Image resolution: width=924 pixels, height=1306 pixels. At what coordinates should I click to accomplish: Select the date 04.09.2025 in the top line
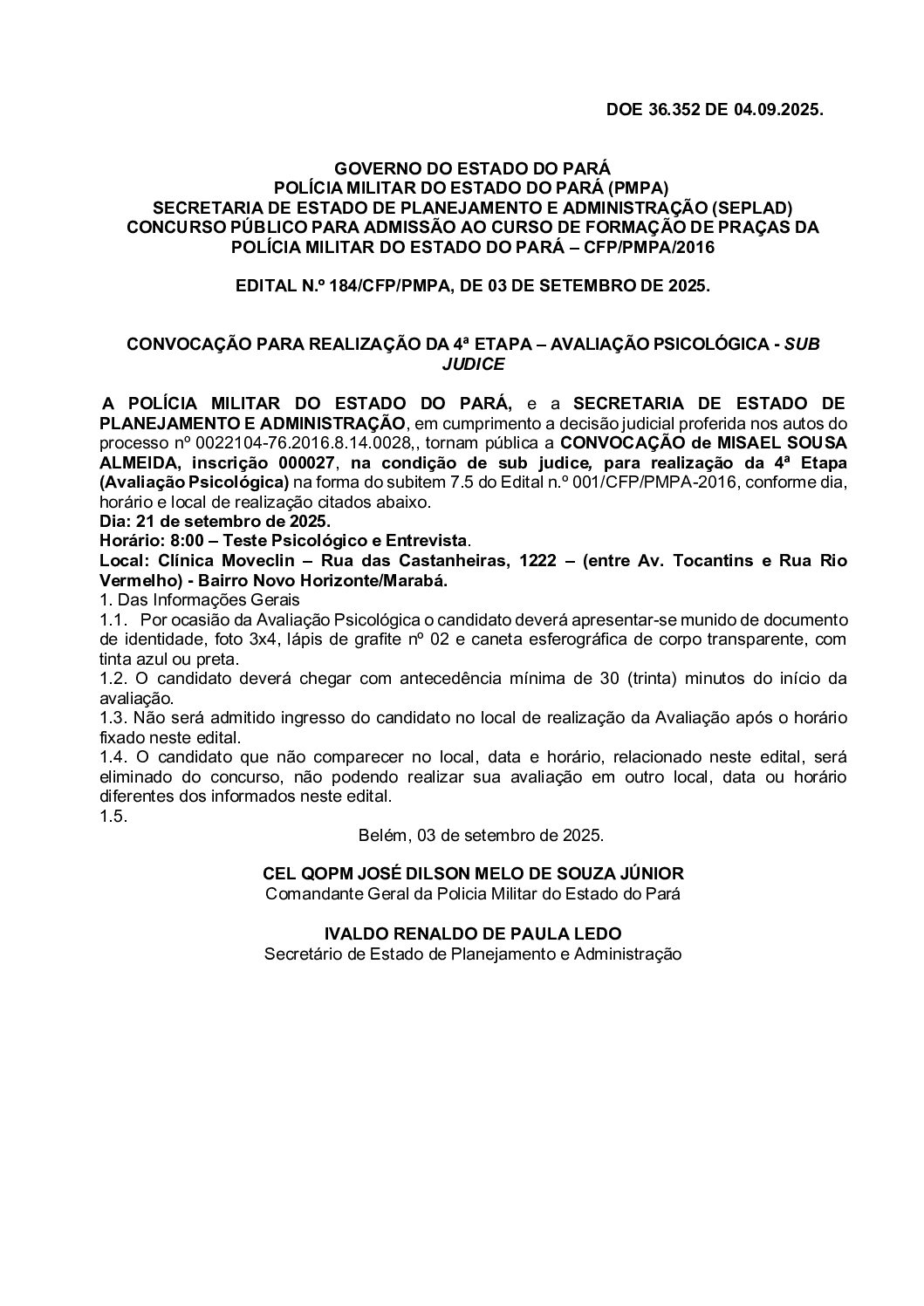[778, 110]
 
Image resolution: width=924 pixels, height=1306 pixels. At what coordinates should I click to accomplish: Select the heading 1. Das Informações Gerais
[199, 599]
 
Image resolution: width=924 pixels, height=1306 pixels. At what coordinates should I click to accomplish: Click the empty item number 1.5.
[113, 816]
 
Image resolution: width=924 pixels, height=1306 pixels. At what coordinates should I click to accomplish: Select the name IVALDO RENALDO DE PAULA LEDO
[472, 933]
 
